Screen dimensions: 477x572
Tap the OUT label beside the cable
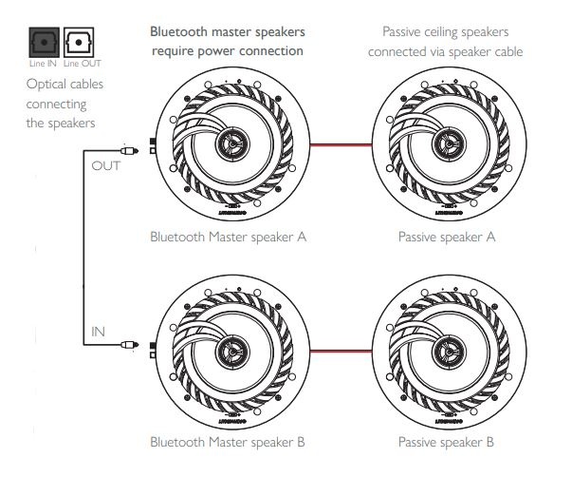click(105, 165)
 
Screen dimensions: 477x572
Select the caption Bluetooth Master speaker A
click(228, 237)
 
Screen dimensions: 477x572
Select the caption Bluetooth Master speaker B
click(228, 442)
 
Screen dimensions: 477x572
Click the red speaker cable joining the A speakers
click(340, 145)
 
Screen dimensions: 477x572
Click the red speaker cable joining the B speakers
click(340, 351)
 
